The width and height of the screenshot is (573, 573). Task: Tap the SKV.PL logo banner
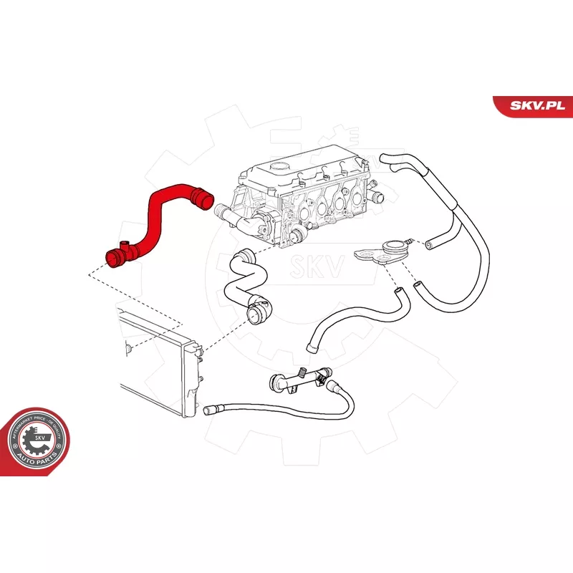(x=532, y=105)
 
